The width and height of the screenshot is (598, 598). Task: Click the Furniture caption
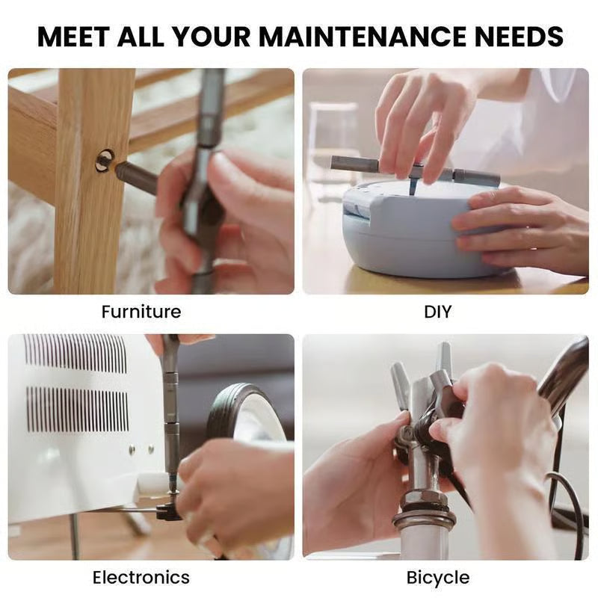(141, 311)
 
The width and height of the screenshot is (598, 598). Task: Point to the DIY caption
(437, 311)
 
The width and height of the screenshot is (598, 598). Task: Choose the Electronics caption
(141, 577)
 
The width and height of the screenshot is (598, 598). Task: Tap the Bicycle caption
(438, 577)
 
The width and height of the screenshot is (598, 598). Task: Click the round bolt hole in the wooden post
(104, 159)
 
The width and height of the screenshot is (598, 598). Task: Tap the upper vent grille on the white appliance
(75, 354)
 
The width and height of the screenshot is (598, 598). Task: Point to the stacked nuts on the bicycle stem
(424, 509)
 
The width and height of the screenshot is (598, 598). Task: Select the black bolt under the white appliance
(169, 512)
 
